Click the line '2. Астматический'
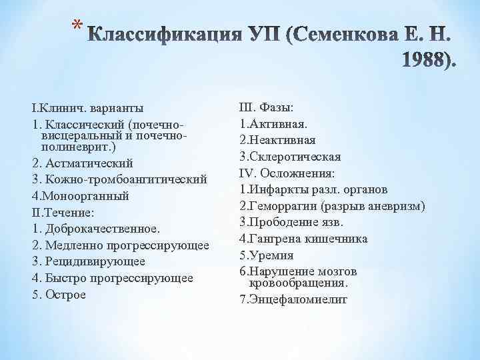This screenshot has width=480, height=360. tap(82, 163)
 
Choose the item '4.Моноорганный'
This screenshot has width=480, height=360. tap(80, 196)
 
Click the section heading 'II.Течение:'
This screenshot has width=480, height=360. tap(64, 213)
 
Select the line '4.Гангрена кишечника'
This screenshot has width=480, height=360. tap(303, 239)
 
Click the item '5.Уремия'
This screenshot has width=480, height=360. tap(266, 255)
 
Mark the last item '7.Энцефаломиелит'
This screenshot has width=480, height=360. tap(294, 299)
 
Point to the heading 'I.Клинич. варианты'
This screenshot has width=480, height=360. tap(87, 108)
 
